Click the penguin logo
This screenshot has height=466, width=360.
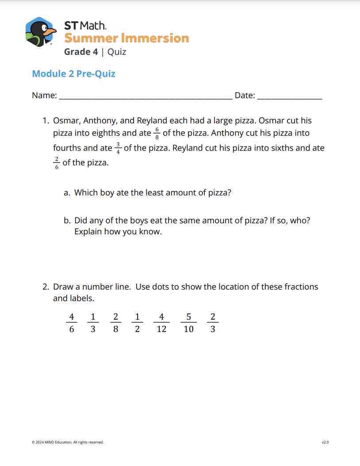click(x=41, y=32)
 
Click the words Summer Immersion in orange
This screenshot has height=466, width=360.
click(x=126, y=38)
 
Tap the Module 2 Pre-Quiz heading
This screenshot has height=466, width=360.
click(x=73, y=73)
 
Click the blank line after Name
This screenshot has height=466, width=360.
click(x=146, y=97)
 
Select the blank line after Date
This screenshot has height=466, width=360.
click(x=290, y=97)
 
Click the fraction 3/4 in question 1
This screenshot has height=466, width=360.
click(x=118, y=148)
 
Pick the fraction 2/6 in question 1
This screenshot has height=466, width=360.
click(x=57, y=163)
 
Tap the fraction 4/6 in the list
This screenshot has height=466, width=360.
click(x=72, y=323)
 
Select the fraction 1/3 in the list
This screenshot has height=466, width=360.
click(x=93, y=323)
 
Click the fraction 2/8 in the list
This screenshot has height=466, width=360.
click(x=115, y=323)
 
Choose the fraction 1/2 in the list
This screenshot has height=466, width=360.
click(x=138, y=323)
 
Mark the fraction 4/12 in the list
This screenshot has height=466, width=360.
click(x=161, y=323)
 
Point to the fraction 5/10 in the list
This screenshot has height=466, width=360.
click(x=188, y=323)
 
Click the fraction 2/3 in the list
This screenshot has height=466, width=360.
click(x=213, y=323)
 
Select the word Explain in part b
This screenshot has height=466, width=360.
click(x=88, y=232)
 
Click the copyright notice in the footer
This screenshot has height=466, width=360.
click(x=68, y=442)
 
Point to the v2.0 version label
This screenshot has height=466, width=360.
click(x=325, y=442)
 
